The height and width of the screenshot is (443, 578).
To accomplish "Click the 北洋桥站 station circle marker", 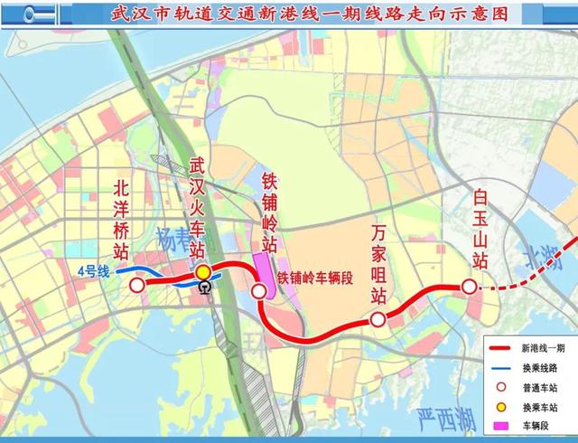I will [137, 285].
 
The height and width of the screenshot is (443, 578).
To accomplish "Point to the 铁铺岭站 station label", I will [269, 210].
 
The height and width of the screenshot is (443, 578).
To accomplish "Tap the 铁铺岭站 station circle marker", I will [259, 290].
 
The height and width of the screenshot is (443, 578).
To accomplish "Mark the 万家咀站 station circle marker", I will [378, 319].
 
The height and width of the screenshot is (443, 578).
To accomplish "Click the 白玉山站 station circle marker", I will [470, 287].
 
